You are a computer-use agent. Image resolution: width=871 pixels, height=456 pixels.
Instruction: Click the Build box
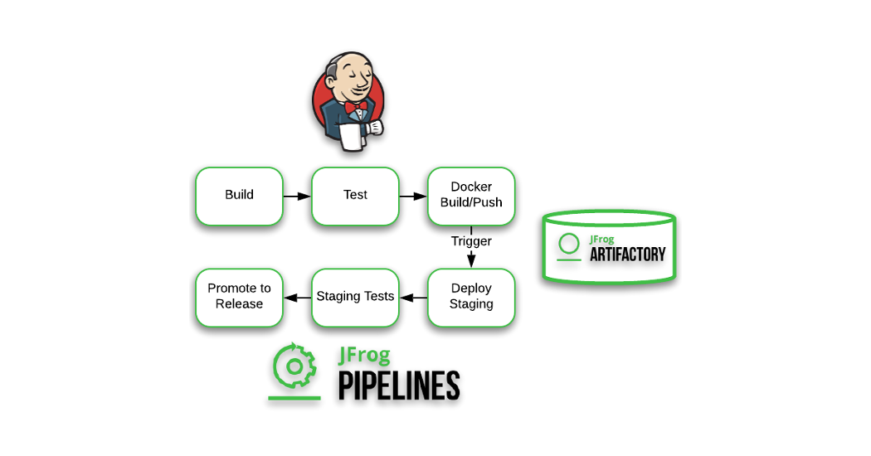pos(239,196)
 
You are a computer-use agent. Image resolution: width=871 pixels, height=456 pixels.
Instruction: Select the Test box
pos(355,196)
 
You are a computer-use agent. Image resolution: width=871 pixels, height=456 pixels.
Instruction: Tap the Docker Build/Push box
pos(471,196)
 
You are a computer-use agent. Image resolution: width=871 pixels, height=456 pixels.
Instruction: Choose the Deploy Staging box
pos(471,296)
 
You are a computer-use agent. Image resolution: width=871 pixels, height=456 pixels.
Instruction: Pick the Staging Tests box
pos(355,296)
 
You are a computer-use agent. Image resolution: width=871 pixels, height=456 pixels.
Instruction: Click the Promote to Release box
pos(239,296)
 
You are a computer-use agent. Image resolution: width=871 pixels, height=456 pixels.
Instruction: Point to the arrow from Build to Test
pos(297,196)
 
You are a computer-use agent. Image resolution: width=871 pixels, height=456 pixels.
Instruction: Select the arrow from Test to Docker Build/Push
pos(413,196)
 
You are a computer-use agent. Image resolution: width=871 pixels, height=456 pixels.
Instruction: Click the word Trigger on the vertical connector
pos(471,241)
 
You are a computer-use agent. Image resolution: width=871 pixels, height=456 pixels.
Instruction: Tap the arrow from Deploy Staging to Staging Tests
pos(413,297)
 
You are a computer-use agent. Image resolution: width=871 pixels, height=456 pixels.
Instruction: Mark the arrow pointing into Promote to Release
pos(297,297)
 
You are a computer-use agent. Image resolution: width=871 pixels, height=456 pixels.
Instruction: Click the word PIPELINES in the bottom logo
pos(398,386)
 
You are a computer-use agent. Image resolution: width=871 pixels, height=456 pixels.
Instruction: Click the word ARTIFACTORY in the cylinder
pos(627,254)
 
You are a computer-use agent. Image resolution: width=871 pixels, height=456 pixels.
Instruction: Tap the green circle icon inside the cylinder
pos(569,244)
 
